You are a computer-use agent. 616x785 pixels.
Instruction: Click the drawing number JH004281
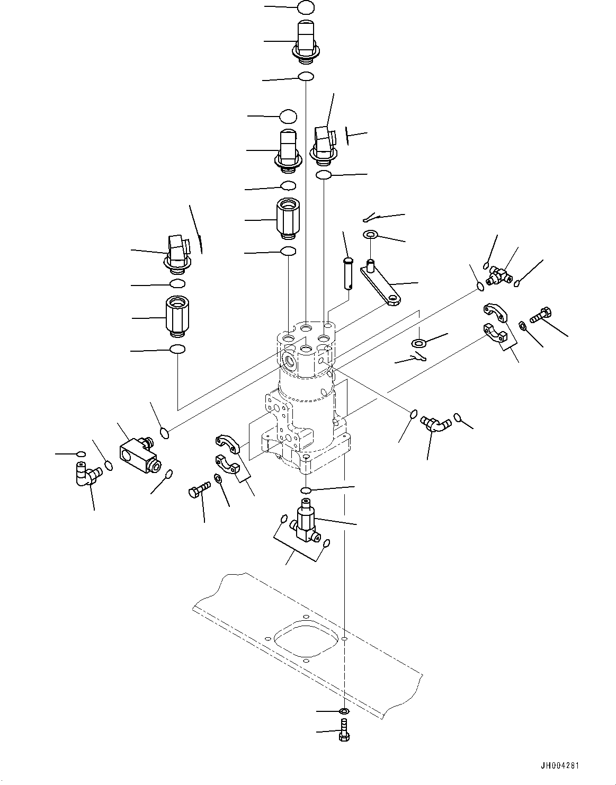(560, 766)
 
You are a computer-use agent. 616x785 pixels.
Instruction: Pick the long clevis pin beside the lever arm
(347, 273)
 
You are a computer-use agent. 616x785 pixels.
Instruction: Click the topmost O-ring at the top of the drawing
(306, 8)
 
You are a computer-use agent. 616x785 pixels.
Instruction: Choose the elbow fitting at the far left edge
(85, 472)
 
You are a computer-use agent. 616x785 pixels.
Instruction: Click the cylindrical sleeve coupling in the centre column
(288, 218)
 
